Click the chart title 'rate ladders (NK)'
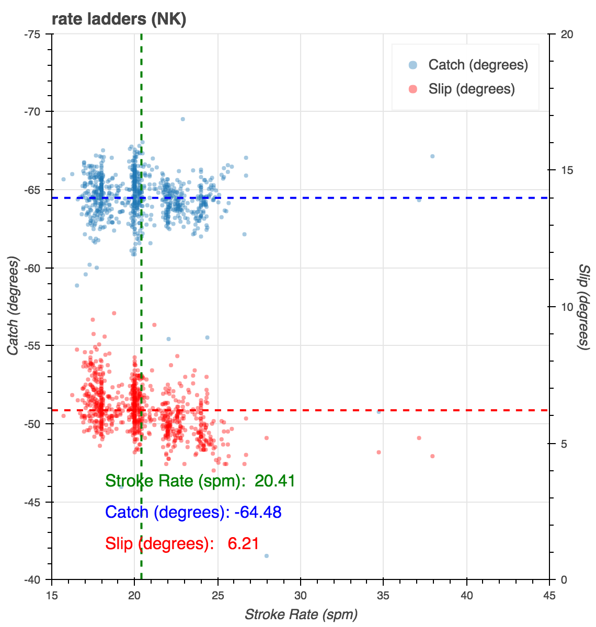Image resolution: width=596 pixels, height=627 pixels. [x=119, y=19]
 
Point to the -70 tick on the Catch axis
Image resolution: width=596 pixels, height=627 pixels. [x=36, y=112]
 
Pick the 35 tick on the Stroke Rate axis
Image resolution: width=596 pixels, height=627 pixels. [x=384, y=595]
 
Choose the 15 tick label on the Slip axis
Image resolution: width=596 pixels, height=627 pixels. [x=567, y=170]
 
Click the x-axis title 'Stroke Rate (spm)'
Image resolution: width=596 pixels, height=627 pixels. [x=301, y=614]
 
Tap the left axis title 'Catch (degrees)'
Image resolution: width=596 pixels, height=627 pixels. [x=13, y=306]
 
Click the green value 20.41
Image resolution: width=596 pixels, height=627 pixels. [x=275, y=481]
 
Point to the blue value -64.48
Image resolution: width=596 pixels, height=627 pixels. [x=258, y=512]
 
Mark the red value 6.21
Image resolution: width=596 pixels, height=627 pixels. [x=244, y=543]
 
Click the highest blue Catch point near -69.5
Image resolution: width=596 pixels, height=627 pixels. [x=182, y=119]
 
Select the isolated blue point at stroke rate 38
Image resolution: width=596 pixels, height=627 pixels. [x=432, y=156]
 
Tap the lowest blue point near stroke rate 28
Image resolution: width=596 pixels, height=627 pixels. [x=266, y=556]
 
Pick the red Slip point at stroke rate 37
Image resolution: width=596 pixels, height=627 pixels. [x=419, y=438]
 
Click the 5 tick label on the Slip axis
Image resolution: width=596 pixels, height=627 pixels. [x=564, y=444]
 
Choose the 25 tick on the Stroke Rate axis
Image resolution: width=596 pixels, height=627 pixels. [x=218, y=595]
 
